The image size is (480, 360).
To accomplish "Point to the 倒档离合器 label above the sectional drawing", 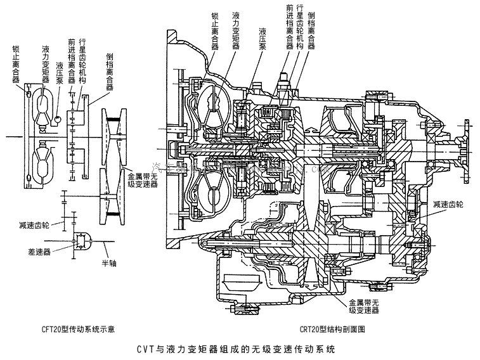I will pyautogui.click(x=311, y=26).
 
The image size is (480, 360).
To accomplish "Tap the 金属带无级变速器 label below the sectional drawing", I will pyautogui.click(x=363, y=307).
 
